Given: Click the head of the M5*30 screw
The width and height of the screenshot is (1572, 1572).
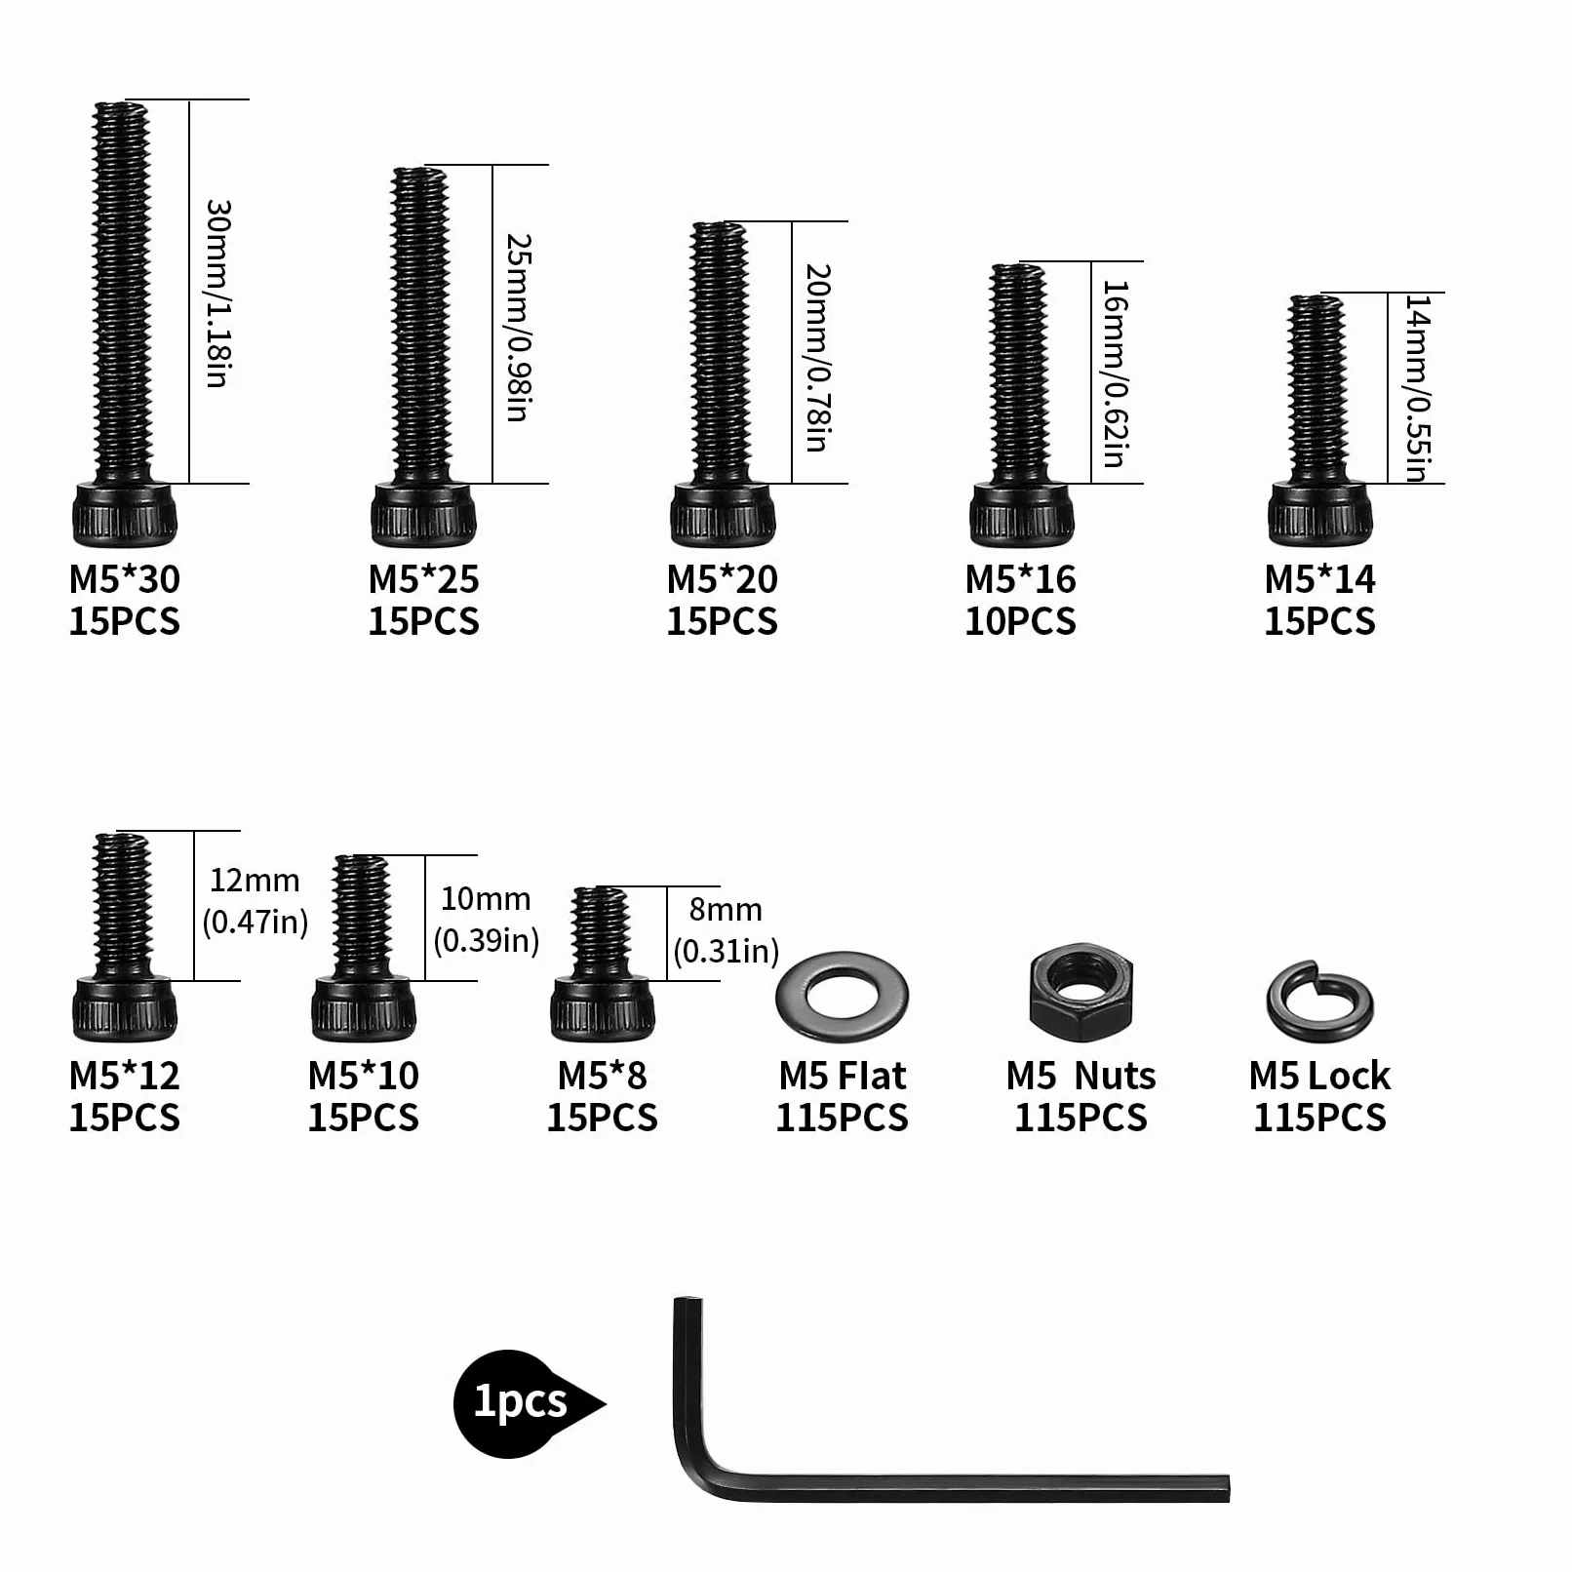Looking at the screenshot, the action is coord(125,514).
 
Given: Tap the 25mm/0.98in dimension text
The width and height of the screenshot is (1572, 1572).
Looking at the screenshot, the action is coord(519,328).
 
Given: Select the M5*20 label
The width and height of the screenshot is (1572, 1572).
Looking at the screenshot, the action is coord(722,579).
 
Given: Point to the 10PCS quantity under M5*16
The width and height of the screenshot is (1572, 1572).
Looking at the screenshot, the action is coord(1020,621).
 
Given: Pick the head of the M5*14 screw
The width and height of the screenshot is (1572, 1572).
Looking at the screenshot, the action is coord(1319,514).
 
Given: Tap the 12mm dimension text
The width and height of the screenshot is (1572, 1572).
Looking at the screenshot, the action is coord(255,881).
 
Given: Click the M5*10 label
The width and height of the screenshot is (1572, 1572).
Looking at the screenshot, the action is coord(363,1076).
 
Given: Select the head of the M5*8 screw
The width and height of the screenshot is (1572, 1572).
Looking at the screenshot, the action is coord(602,1009).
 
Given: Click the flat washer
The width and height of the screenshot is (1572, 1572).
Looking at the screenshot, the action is coord(842,997).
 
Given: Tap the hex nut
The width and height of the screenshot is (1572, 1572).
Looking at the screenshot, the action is coord(1081,991).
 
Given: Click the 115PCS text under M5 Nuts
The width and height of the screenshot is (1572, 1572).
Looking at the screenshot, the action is coord(1081,1118).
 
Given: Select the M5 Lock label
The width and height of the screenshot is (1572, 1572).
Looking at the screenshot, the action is coord(1319,1076).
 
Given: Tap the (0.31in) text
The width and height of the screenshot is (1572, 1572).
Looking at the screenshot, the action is coord(727,951).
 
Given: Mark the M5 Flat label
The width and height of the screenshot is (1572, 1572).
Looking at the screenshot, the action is coord(843,1076).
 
